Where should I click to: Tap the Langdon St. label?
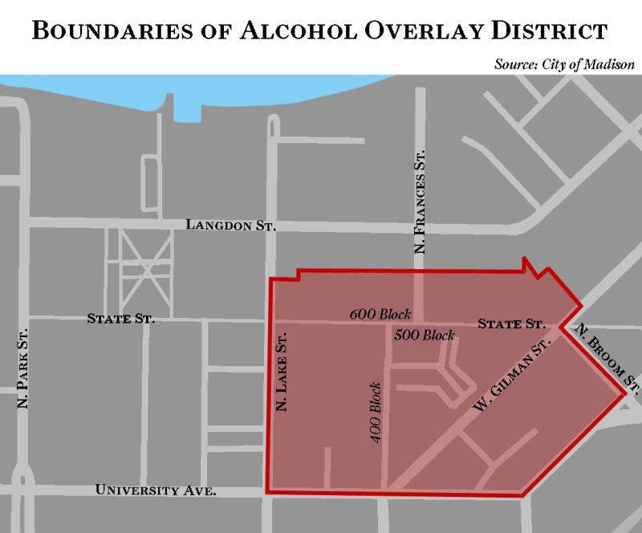tap(230, 225)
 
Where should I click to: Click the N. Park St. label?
tap(23, 367)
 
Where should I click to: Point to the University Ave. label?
tap(156, 490)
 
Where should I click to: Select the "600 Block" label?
tap(380, 314)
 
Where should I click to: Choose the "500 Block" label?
tap(424, 335)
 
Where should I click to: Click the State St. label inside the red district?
tap(511, 324)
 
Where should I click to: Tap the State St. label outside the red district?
tap(120, 319)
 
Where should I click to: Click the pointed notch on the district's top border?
tap(526, 262)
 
